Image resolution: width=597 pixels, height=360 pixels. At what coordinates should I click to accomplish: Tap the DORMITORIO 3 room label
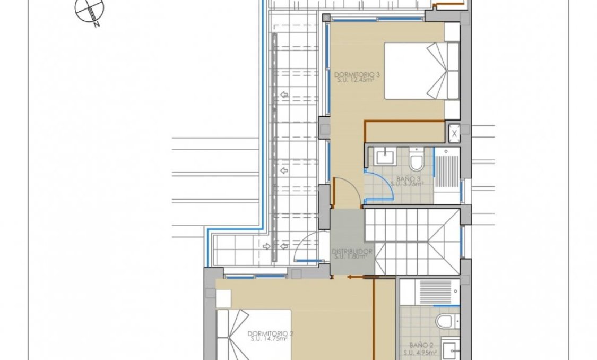[357, 74]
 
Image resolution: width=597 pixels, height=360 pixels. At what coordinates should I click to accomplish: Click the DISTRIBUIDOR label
[352, 251]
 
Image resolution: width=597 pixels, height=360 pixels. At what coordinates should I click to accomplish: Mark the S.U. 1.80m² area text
[352, 256]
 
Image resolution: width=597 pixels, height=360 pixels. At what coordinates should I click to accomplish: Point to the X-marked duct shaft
[454, 133]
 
